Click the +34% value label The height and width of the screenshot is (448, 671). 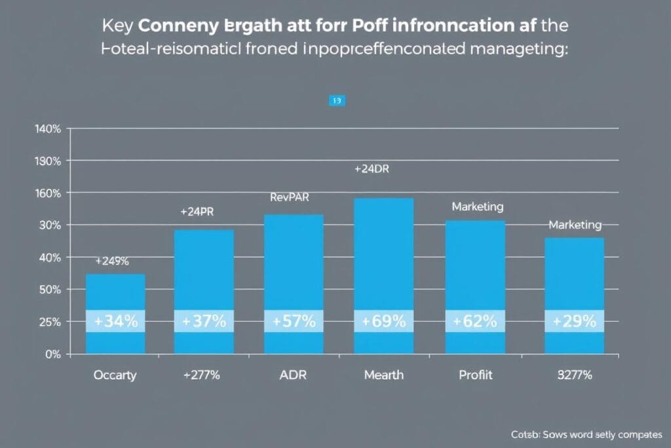point(116,321)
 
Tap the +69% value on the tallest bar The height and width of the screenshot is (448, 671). point(383,321)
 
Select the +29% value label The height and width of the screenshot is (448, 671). point(574,321)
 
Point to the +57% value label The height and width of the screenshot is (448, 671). point(294,321)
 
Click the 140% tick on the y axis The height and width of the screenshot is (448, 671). point(47,129)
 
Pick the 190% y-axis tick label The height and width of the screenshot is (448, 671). point(47,161)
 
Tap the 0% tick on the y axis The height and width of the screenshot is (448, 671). point(52,354)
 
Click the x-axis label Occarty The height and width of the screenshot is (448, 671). point(115,375)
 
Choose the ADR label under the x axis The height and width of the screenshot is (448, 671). point(294,375)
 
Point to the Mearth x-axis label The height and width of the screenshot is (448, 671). point(383,375)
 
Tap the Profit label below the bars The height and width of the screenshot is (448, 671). point(475,375)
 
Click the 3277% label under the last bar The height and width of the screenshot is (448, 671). point(574,375)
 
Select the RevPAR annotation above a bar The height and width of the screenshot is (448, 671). point(289,197)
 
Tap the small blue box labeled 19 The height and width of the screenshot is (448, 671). point(337,101)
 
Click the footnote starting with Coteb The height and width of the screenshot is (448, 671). point(586,434)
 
